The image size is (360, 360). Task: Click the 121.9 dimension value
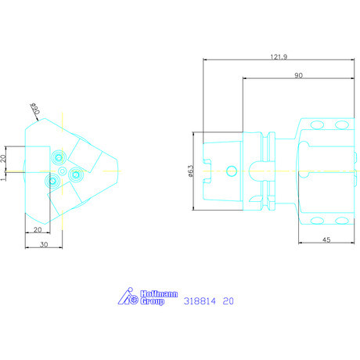279,56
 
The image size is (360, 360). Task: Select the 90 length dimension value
298,75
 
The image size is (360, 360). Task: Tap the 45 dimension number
326,239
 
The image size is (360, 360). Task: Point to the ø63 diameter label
191,171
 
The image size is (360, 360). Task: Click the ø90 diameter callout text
35,109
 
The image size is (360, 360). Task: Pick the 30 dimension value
44,244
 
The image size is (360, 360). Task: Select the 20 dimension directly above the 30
38,229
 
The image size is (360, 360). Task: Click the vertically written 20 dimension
3,158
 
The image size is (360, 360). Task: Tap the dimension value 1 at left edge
3,179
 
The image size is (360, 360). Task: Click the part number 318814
200,301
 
